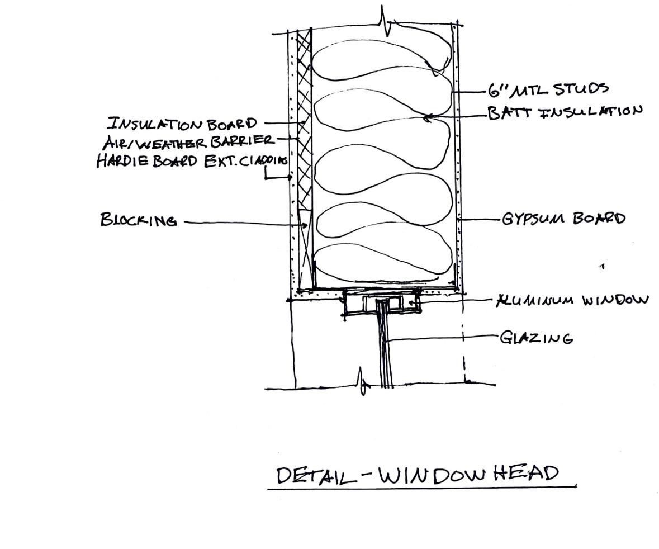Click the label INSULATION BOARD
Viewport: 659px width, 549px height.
point(182,123)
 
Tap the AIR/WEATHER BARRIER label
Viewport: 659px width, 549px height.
point(188,141)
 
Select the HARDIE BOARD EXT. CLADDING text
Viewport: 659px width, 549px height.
point(192,161)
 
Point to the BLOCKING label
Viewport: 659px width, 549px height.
point(139,220)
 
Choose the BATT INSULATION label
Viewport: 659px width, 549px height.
point(565,112)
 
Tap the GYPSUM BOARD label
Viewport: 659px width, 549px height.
point(563,218)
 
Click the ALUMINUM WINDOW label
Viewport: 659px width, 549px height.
point(573,300)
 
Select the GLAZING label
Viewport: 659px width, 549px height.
point(536,338)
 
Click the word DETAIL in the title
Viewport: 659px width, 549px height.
point(316,475)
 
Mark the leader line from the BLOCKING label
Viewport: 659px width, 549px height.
point(240,223)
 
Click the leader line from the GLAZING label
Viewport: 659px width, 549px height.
point(442,338)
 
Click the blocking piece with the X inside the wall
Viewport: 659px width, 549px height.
point(304,246)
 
